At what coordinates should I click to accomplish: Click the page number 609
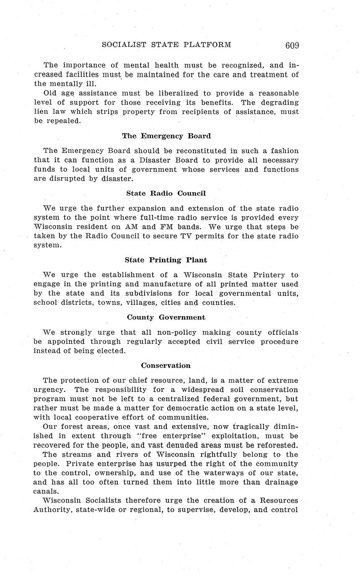tap(292, 46)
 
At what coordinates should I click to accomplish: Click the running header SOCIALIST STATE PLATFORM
tap(166, 45)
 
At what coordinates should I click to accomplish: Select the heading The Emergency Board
tap(166, 136)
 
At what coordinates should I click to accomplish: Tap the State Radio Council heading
tap(166, 193)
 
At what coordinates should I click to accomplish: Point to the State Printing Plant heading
tap(166, 260)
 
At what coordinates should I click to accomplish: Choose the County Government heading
tap(166, 317)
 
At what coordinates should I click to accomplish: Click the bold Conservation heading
tap(166, 365)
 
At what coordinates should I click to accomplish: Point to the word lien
tap(41, 112)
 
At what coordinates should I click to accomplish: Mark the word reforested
tap(277, 445)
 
